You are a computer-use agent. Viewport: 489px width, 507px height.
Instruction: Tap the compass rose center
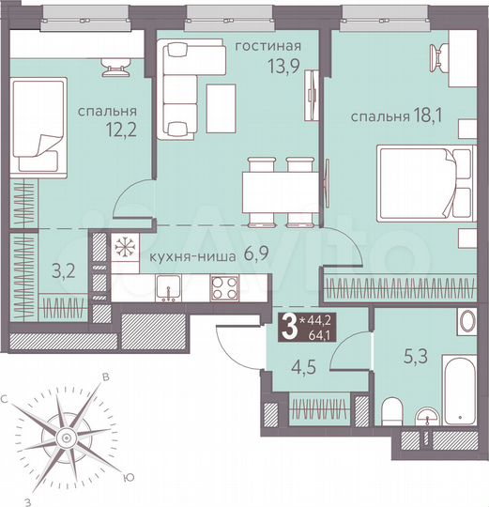(x=65, y=437)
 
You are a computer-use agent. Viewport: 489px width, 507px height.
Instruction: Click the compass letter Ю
(x=129, y=477)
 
